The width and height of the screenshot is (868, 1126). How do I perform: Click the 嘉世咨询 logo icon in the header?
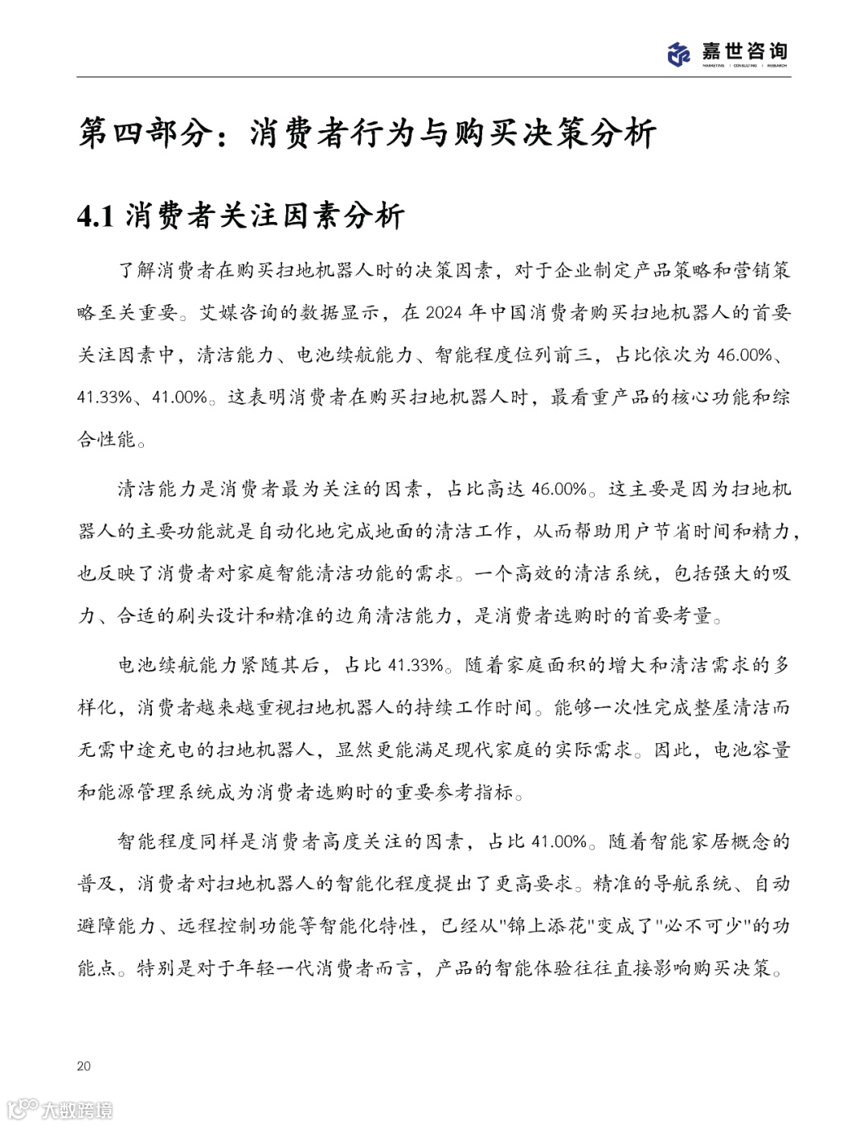[x=680, y=53]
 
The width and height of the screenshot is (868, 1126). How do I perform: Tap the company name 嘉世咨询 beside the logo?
[x=744, y=51]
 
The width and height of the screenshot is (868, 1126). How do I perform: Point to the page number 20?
[x=84, y=1066]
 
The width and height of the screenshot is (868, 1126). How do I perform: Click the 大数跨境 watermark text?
[x=77, y=1110]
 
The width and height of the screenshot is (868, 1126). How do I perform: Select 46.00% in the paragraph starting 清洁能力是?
[x=559, y=488]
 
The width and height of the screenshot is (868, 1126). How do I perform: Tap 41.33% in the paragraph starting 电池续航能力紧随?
[x=416, y=665]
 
